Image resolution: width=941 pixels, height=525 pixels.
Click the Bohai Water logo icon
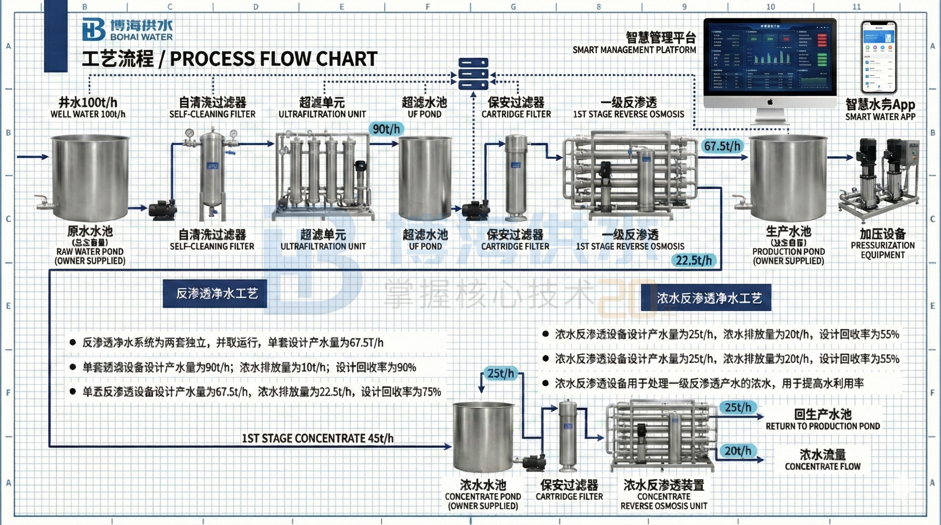point(94,29)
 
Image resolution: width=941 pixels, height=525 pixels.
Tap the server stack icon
point(474,74)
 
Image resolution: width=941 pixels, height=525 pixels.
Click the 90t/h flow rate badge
point(386,129)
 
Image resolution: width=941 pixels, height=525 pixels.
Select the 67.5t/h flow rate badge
point(722,146)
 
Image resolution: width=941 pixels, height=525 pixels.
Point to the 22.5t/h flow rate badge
point(693,260)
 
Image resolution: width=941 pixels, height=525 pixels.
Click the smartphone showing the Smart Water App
point(878,58)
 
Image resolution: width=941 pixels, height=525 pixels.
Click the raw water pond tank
point(90,177)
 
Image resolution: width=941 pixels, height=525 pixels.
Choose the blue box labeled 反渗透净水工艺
point(215,294)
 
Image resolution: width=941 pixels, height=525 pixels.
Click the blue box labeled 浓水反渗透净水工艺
point(706,298)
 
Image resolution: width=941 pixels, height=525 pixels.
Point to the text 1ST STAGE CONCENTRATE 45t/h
point(317,438)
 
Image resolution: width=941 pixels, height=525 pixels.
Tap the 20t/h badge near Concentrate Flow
point(738,451)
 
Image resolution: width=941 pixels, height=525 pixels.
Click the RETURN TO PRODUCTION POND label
point(823,426)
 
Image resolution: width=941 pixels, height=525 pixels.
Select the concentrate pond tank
point(483,436)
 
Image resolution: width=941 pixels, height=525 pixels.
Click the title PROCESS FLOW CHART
point(273,59)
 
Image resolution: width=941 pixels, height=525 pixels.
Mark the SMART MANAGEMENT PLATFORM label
point(634,50)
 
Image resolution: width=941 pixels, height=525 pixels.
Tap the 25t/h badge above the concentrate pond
point(500,374)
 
